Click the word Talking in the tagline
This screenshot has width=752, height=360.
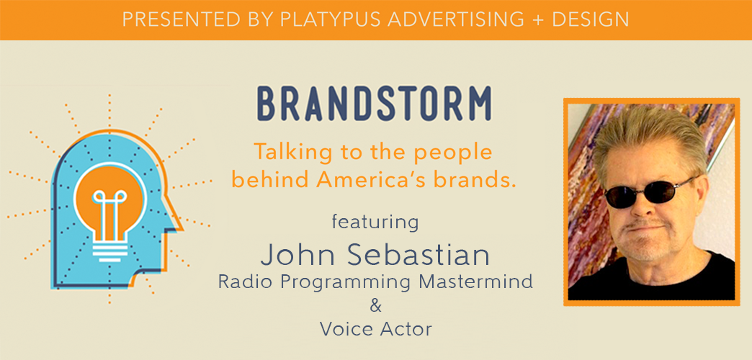[285, 153]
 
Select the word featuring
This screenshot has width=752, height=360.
[375, 222]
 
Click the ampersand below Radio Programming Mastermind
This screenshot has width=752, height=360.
[375, 305]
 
